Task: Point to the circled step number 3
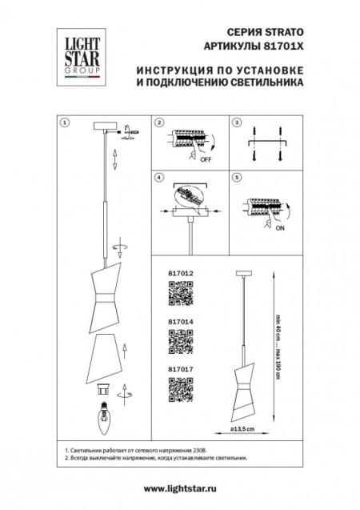pos(236,123)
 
